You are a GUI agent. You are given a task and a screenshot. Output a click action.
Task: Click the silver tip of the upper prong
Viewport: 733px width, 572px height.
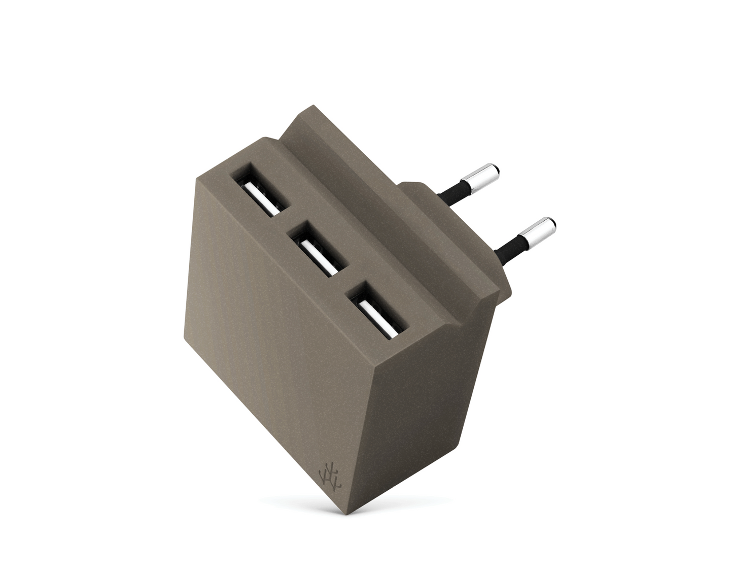pos(485,179)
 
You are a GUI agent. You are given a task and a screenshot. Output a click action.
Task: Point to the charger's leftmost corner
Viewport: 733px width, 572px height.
pos(196,183)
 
